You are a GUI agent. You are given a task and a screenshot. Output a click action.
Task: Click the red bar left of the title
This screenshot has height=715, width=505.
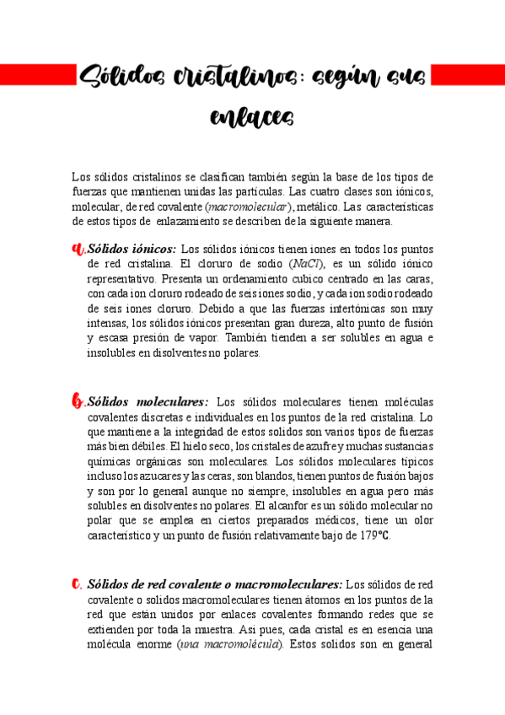point(35,76)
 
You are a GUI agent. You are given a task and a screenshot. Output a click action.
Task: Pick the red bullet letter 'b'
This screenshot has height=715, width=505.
point(79,402)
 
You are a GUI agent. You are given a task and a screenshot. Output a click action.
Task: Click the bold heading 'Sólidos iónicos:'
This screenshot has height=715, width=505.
point(132,249)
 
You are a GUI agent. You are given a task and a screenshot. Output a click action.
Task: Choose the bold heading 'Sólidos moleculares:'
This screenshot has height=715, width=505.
point(148,402)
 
